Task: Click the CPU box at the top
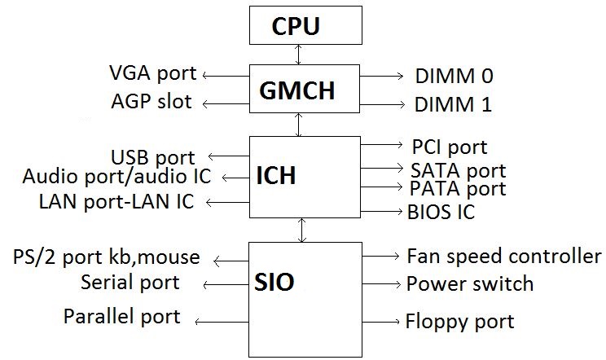coord(304,27)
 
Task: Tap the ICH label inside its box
coord(275,176)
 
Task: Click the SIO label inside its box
coord(275,283)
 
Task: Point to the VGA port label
coord(153,73)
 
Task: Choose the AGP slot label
coord(151,102)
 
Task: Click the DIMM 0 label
coord(454,77)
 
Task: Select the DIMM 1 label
coord(454,105)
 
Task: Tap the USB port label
coord(152,157)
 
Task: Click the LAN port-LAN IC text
coord(116,201)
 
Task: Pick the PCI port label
coord(449,147)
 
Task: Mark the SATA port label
coord(458,170)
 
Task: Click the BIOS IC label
coord(441,213)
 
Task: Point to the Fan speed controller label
coord(503,257)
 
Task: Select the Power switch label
coord(470,284)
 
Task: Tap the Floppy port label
coord(459,321)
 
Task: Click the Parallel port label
coord(122,316)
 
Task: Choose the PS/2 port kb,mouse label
coord(106,257)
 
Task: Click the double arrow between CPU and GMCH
coord(300,55)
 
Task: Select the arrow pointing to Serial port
coord(225,284)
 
